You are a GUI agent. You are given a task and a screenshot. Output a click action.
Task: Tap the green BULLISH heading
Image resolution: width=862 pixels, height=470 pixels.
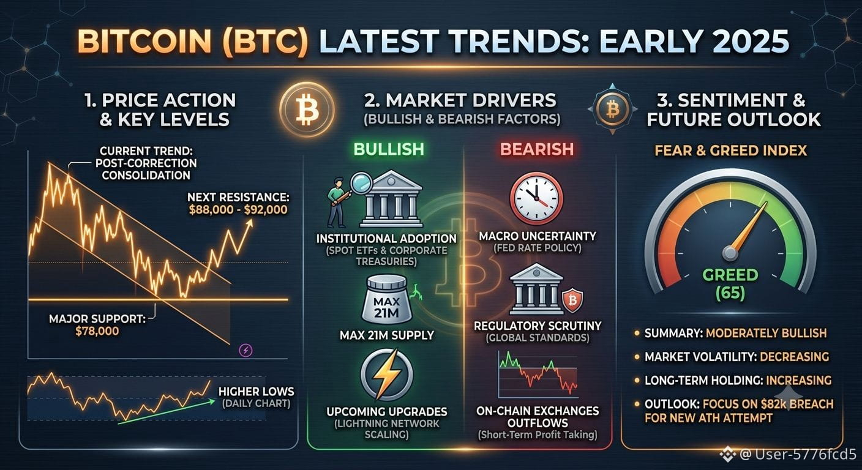[x=389, y=149]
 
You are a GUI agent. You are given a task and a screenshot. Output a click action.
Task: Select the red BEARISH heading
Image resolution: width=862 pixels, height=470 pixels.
[x=537, y=149]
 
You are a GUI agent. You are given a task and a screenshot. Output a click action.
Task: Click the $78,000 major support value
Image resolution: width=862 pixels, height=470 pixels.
[x=97, y=331]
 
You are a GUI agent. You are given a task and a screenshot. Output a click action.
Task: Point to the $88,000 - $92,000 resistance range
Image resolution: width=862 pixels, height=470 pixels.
[x=238, y=210]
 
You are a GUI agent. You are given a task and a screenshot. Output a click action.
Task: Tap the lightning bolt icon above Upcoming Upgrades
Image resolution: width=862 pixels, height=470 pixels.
[x=387, y=375]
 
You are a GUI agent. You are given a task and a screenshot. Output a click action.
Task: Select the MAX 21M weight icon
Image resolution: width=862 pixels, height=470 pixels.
[x=387, y=299]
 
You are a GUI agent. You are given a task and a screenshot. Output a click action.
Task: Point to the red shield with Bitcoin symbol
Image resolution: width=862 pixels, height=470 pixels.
[x=572, y=300]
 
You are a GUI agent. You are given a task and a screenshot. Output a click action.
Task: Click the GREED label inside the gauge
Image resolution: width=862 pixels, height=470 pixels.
[x=730, y=275]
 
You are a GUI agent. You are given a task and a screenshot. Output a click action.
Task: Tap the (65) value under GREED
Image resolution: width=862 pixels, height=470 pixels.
[x=730, y=294]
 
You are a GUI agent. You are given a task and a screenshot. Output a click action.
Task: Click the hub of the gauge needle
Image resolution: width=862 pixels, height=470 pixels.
[x=730, y=253]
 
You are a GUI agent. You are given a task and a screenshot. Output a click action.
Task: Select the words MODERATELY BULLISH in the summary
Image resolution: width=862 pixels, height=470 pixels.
[x=766, y=333]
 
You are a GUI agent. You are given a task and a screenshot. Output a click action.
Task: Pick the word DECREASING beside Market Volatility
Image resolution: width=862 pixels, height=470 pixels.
[x=794, y=357]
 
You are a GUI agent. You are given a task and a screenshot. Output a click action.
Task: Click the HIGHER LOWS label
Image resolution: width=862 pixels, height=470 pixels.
[x=257, y=392]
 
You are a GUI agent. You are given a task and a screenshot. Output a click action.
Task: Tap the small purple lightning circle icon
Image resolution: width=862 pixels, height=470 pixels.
[x=246, y=351]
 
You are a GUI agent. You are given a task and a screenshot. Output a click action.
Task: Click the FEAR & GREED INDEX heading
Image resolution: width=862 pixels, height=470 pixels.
[x=731, y=151]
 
